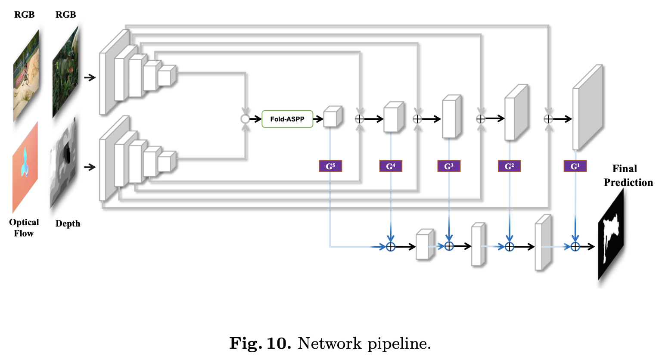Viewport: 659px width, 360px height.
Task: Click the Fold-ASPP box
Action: [287, 119]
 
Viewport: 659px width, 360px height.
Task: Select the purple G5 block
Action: [330, 166]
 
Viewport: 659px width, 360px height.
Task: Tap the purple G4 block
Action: [391, 166]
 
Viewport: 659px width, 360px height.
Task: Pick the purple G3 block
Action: [449, 166]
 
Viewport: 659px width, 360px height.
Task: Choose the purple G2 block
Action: [509, 166]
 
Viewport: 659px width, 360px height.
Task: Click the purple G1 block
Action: [575, 166]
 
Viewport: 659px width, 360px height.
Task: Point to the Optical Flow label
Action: [24, 228]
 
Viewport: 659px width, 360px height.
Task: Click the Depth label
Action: [68, 223]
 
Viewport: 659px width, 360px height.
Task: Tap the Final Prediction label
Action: [628, 176]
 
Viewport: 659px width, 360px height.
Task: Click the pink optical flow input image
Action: [25, 168]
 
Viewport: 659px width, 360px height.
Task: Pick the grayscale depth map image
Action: [64, 163]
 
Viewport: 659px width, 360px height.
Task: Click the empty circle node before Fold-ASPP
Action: [245, 119]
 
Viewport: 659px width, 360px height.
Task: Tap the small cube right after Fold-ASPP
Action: [333, 117]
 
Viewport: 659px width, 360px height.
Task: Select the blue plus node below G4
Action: [391, 247]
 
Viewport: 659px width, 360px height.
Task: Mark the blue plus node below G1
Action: [575, 247]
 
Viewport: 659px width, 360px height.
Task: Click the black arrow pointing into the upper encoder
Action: [90, 78]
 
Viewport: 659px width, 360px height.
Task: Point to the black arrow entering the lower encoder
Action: [90, 167]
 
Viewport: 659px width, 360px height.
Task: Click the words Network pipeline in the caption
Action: [364, 344]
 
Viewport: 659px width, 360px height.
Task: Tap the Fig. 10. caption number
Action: [260, 344]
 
